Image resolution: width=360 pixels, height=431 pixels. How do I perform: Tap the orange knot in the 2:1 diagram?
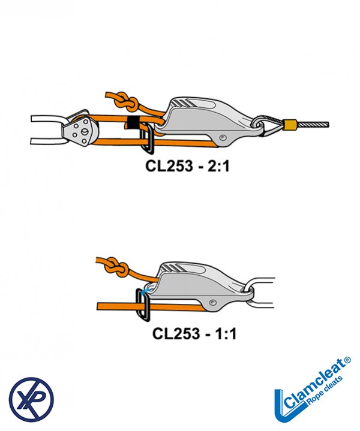(125, 103)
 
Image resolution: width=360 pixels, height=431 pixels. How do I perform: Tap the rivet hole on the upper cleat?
(223, 138)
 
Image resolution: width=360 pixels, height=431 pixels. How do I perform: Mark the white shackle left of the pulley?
(48, 128)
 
